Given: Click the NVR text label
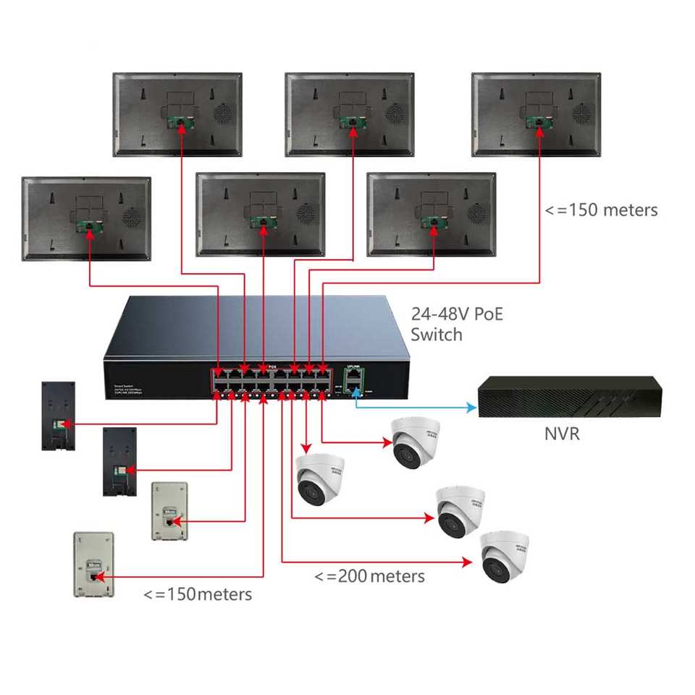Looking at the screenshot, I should pyautogui.click(x=562, y=435).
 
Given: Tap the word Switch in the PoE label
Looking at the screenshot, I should pyautogui.click(x=436, y=334).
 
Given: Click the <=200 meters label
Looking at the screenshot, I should pyautogui.click(x=369, y=576).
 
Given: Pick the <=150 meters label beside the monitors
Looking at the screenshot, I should pyautogui.click(x=601, y=210).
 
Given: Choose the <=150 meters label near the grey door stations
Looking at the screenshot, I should pyautogui.click(x=198, y=594).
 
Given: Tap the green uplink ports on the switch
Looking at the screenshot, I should pyautogui.click(x=353, y=382).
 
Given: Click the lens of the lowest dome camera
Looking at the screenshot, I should pyautogui.click(x=496, y=568).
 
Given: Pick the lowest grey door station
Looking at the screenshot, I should pyautogui.click(x=93, y=564).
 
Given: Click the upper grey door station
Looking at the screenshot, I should pyautogui.click(x=169, y=510).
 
